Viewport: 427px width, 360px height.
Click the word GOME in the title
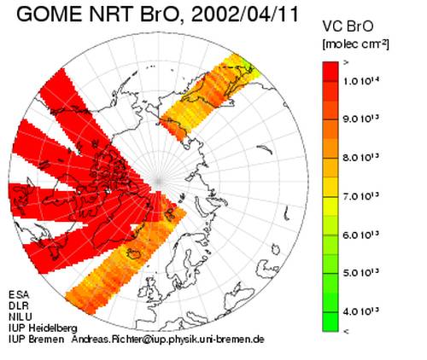[50, 14]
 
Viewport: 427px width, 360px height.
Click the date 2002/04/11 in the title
[245, 14]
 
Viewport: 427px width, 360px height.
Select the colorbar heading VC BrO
[348, 26]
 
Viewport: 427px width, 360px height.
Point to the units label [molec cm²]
[355, 44]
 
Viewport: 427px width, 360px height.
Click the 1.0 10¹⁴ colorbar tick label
[361, 81]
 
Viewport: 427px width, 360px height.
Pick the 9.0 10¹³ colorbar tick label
[361, 119]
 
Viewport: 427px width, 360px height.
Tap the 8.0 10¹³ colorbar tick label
[361, 157]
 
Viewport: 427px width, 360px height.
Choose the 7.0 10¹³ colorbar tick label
[361, 196]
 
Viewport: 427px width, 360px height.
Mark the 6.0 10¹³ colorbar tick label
[361, 235]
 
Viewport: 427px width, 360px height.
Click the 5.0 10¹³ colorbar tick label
[361, 273]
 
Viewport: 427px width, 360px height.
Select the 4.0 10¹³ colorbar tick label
[361, 311]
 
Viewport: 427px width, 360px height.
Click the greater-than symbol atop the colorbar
[346, 63]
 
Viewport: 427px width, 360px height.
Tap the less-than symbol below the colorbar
[346, 331]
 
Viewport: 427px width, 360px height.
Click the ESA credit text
[19, 294]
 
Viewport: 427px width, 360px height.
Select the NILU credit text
[20, 316]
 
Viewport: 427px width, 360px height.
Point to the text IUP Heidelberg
[43, 328]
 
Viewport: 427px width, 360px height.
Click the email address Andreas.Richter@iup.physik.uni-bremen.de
[167, 340]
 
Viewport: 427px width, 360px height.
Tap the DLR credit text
[19, 305]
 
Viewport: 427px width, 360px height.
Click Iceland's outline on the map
[134, 253]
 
